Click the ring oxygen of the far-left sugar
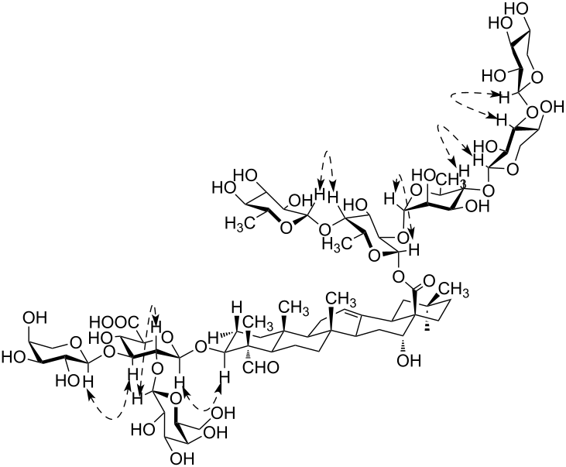coord(75,338)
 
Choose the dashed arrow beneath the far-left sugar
coord(108,410)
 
